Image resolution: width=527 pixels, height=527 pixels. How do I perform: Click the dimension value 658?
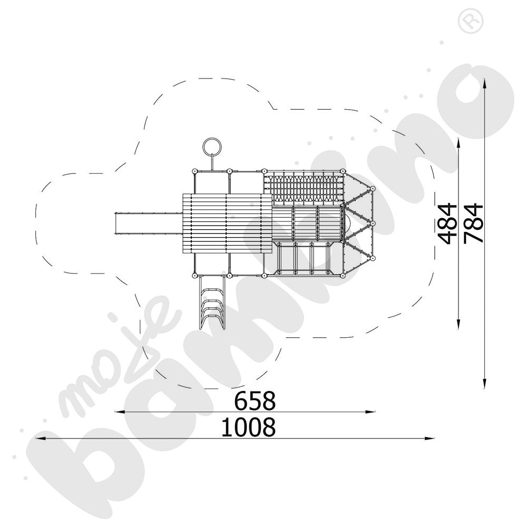pos(255,401)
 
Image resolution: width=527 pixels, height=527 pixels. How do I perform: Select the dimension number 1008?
pos(248,427)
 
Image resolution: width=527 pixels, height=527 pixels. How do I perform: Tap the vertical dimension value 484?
pos(448,223)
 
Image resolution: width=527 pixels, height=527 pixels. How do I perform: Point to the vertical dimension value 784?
pos(474,223)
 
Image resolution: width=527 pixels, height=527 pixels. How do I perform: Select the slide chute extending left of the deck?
pos(148,223)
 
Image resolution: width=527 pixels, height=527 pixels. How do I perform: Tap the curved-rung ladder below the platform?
pos(212,302)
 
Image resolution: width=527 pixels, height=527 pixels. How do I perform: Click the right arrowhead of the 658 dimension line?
pos(370,412)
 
